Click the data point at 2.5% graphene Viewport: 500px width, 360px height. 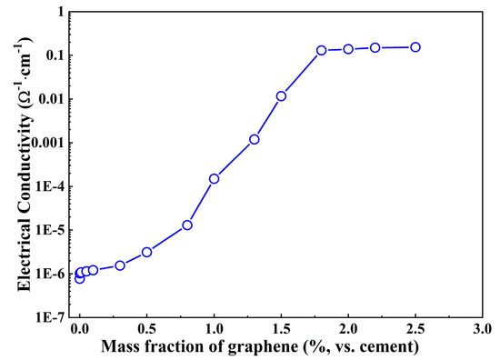click(415, 46)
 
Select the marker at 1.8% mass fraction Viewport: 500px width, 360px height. click(322, 51)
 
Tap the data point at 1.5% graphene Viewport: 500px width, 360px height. click(281, 95)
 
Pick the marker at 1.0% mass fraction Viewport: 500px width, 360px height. click(214, 178)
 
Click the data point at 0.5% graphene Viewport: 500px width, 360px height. click(146, 252)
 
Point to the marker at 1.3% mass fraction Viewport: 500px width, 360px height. click(255, 139)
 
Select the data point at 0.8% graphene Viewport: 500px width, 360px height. click(187, 225)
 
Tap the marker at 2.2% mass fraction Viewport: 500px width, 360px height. click(375, 47)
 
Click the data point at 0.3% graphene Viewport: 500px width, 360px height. click(120, 265)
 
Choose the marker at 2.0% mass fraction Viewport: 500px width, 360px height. click(348, 49)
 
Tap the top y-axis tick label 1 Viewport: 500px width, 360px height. click(64, 12)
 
